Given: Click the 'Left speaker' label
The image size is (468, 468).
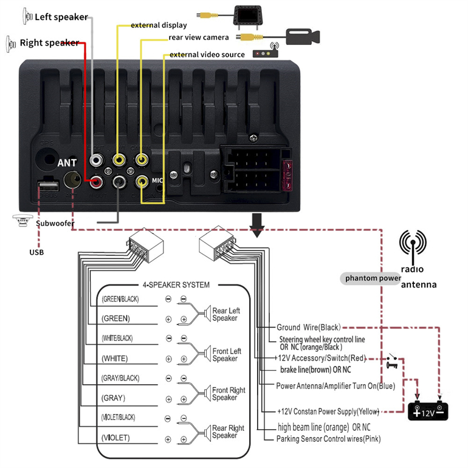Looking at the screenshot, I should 61,17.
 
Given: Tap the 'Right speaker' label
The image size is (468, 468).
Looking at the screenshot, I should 49,43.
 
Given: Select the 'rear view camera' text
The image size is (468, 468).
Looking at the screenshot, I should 199,38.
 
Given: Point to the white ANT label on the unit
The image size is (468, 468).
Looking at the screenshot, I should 67,163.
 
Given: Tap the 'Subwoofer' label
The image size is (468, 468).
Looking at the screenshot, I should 55,224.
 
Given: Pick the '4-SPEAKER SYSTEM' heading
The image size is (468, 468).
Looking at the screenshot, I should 176,284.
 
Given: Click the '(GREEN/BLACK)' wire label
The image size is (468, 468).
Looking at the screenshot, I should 120,299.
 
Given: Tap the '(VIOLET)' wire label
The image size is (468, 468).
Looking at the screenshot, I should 115,438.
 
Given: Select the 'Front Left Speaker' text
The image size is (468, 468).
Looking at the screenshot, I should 226,355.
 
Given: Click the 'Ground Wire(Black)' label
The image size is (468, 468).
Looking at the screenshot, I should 309,327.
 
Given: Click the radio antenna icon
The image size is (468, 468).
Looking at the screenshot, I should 414,246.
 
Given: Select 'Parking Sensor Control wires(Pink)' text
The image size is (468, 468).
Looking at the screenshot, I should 329,438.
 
